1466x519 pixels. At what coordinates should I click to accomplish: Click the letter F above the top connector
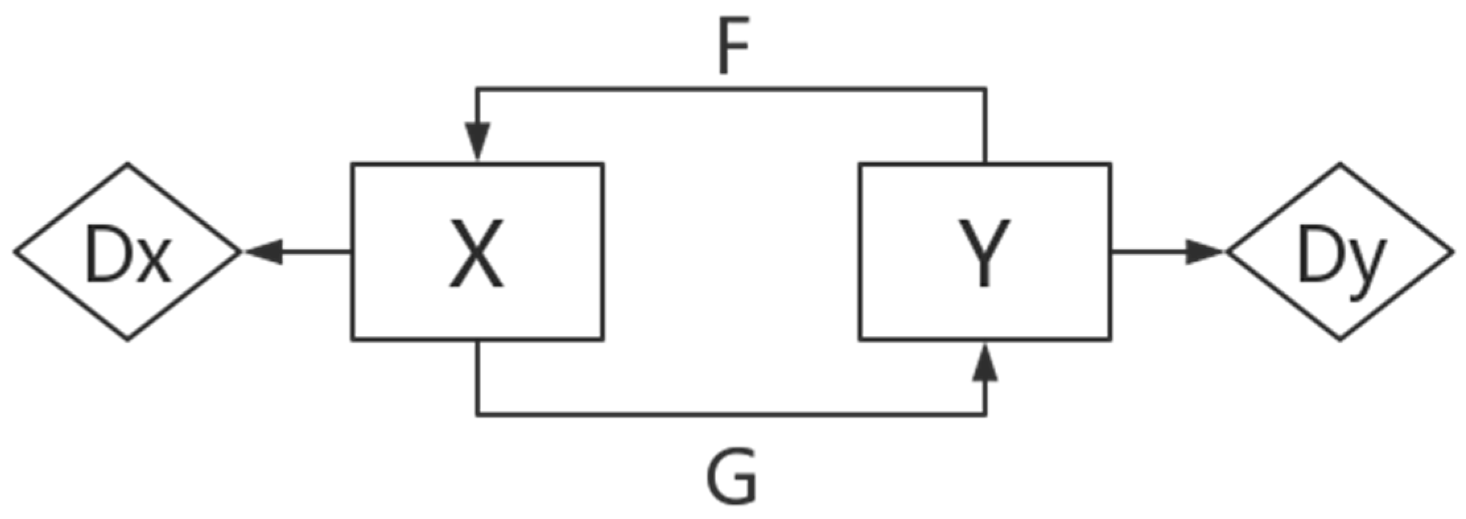coord(733,52)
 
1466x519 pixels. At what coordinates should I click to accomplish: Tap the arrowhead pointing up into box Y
coord(985,363)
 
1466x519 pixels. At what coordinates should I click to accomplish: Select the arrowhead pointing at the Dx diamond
coord(264,252)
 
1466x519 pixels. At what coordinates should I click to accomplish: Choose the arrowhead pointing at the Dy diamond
coord(1203,252)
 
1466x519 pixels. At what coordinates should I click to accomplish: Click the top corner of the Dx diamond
coord(127,164)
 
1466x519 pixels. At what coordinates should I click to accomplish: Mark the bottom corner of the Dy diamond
coord(1340,340)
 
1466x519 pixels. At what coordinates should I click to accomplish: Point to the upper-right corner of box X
coord(603,164)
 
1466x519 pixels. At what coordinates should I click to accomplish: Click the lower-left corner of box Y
coord(860,339)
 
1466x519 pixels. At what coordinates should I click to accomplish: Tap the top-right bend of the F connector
coord(985,88)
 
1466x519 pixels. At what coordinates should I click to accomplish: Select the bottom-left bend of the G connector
coord(477,415)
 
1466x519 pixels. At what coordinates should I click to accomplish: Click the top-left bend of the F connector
coord(477,88)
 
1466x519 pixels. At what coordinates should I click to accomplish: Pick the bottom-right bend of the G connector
coord(985,415)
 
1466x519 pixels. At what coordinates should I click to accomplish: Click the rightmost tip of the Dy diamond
coord(1452,252)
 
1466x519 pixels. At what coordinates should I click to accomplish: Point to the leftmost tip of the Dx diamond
coord(15,252)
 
